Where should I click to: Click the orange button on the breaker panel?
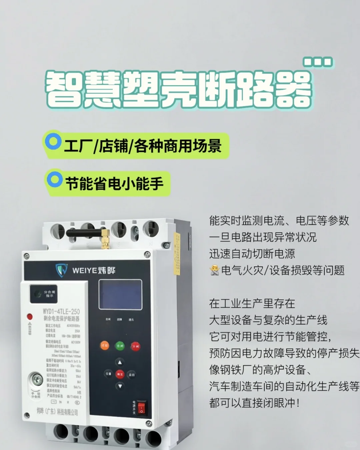coord(105,346)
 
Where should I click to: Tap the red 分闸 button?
coord(135,346)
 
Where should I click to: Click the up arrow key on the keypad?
coord(120,362)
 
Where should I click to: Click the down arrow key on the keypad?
coord(120,386)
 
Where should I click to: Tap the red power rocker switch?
coord(142,408)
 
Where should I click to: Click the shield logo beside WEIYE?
coord(61,270)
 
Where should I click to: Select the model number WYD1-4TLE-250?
coord(61,311)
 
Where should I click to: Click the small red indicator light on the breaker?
coord(30,316)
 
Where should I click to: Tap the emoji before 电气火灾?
coord(215,270)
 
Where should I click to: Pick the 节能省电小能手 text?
coord(114,184)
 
